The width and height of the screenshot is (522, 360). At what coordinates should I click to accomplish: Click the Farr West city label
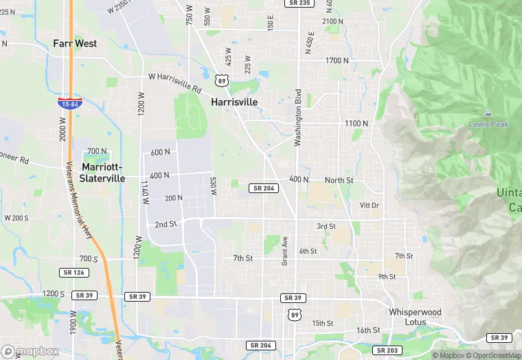pyautogui.click(x=75, y=43)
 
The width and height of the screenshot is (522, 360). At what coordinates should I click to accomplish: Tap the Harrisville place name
pyautogui.click(x=234, y=102)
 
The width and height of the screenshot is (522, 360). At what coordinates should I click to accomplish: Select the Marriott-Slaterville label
pyautogui.click(x=103, y=172)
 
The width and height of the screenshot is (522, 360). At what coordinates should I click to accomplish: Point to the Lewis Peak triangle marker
pyautogui.click(x=488, y=113)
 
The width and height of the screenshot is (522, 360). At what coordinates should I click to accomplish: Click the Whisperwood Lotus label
pyautogui.click(x=415, y=317)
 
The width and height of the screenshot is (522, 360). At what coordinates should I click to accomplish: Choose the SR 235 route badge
pyautogui.click(x=299, y=3)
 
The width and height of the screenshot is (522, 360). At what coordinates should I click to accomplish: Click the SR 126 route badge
pyautogui.click(x=73, y=273)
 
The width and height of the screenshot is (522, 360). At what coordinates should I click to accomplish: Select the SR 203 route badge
pyautogui.click(x=389, y=350)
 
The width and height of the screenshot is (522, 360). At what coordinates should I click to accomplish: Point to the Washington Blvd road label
pyautogui.click(x=298, y=117)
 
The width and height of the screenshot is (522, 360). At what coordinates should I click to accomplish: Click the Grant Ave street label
pyautogui.click(x=284, y=251)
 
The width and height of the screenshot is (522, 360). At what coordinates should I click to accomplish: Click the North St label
pyautogui.click(x=339, y=180)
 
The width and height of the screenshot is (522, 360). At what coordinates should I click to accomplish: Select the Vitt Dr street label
pyautogui.click(x=370, y=205)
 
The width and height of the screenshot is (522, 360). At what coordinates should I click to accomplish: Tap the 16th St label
pyautogui.click(x=368, y=330)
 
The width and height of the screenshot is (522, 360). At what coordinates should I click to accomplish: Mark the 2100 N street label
pyautogui.click(x=332, y=21)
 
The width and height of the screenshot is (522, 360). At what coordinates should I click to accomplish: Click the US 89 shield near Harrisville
pyautogui.click(x=220, y=80)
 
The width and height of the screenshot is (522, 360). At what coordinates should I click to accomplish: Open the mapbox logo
pyautogui.click(x=30, y=351)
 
